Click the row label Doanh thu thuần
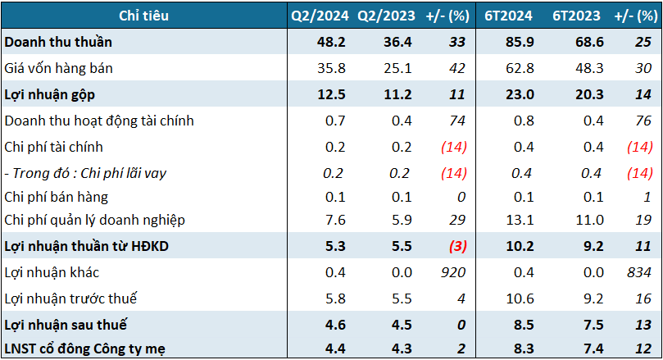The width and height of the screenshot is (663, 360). point(58,42)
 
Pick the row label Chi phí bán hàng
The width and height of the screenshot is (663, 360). point(56,197)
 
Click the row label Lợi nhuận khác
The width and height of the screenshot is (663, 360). point(52,273)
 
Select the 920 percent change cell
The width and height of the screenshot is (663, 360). point(453,273)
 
